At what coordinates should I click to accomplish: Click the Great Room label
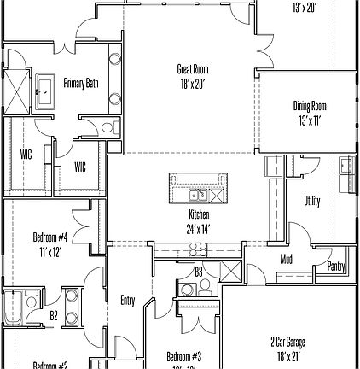(192, 69)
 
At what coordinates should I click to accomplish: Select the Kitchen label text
(198, 214)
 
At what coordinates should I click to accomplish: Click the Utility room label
(312, 201)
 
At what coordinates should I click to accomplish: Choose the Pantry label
(336, 266)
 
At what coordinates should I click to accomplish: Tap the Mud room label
(287, 259)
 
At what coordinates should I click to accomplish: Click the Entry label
(128, 300)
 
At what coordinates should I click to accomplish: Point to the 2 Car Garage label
(287, 343)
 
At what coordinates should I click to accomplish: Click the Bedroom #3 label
(183, 356)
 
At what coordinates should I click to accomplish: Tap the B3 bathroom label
(198, 272)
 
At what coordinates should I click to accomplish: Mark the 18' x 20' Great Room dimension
(192, 83)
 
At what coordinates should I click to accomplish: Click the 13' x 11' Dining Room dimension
(309, 120)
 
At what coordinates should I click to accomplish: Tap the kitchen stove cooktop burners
(197, 249)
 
